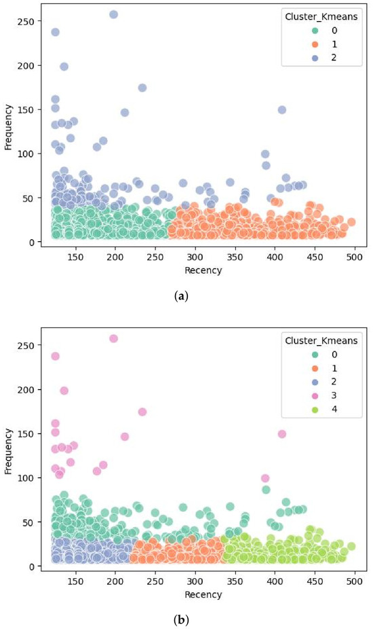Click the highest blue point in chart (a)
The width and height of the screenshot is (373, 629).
114,14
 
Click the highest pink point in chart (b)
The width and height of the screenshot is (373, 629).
114,338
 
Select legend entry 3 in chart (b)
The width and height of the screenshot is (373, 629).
326,395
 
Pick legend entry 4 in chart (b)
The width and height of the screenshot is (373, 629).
326,410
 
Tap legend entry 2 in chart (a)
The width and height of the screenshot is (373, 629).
326,58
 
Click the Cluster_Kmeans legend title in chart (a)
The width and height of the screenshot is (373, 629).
321,17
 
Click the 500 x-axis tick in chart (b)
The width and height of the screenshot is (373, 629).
355,581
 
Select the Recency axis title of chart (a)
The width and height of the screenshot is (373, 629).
203,270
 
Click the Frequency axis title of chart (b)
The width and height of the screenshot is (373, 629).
9,451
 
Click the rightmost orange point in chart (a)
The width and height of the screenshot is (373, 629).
351,222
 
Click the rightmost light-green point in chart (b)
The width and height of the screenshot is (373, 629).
351,546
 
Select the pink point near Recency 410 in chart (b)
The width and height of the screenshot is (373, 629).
282,433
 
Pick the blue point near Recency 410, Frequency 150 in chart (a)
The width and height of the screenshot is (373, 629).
282,110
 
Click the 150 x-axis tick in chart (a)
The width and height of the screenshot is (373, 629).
76,257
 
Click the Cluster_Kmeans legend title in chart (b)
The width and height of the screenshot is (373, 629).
321,340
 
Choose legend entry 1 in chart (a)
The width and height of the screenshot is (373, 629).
326,44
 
